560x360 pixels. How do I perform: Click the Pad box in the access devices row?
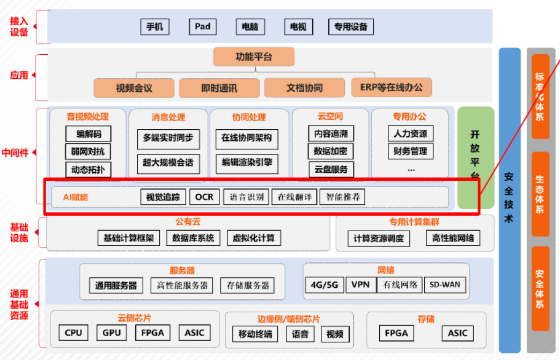tap(203, 27)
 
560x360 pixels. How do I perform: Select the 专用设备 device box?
tap(351, 27)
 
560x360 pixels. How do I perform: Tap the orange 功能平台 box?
tap(254, 57)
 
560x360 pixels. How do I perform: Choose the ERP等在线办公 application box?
tap(392, 87)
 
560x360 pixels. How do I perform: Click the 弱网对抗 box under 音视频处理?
tap(88, 151)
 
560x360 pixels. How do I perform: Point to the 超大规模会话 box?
tap(168, 163)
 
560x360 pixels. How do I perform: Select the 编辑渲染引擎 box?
tap(247, 163)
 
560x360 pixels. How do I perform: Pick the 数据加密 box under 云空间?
tap(330, 151)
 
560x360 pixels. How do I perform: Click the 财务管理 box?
tap(410, 151)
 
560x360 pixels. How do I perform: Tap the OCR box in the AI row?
tap(204, 197)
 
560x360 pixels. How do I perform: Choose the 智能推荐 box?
tap(343, 197)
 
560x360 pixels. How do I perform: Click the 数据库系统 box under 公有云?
tap(193, 238)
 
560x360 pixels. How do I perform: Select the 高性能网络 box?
tap(453, 238)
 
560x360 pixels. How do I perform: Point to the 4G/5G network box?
tap(325, 285)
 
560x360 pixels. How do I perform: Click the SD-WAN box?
tap(445, 285)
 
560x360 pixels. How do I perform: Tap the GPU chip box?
tap(112, 333)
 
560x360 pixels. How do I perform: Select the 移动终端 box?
tap(255, 334)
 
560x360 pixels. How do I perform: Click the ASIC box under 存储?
tap(458, 333)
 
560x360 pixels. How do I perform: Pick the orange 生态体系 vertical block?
tap(540, 194)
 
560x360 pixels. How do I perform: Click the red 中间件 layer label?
tap(15, 153)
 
